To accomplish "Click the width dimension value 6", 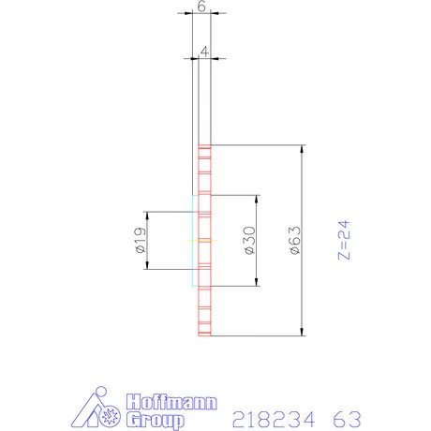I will coord(202,7).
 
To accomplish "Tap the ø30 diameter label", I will coord(249,241).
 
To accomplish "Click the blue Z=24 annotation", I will coord(344,241).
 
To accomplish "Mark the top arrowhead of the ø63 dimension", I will coord(303,150).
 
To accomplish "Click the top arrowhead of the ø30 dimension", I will coord(256,200).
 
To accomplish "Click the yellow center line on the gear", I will coord(201,241).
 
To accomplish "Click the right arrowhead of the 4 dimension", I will coord(210,56).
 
